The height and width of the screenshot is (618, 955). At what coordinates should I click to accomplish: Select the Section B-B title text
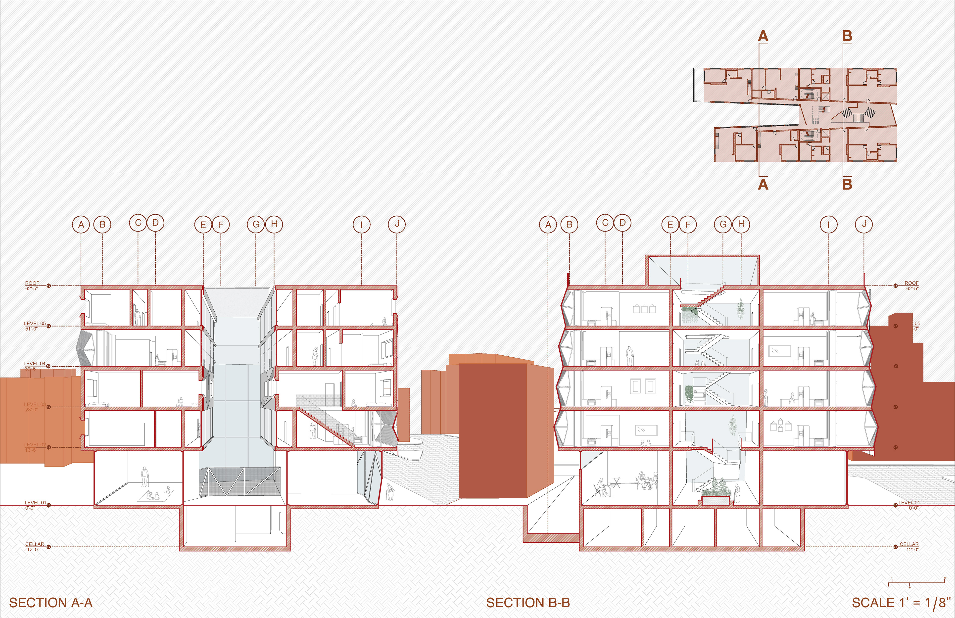point(528,603)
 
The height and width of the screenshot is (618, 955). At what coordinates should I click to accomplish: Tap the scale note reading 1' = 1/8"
point(901,603)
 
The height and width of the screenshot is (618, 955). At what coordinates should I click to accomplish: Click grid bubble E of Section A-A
point(203,225)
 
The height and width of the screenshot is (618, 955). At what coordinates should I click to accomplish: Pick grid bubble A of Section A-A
point(81,225)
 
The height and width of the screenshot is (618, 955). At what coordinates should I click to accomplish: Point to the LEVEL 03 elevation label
point(35,407)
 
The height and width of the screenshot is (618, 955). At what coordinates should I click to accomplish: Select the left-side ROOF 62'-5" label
point(32,285)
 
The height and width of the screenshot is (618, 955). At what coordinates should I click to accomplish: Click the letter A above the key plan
point(763,37)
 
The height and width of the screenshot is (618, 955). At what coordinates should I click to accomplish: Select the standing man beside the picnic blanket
point(145,477)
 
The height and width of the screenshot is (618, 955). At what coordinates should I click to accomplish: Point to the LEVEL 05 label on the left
point(35,326)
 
